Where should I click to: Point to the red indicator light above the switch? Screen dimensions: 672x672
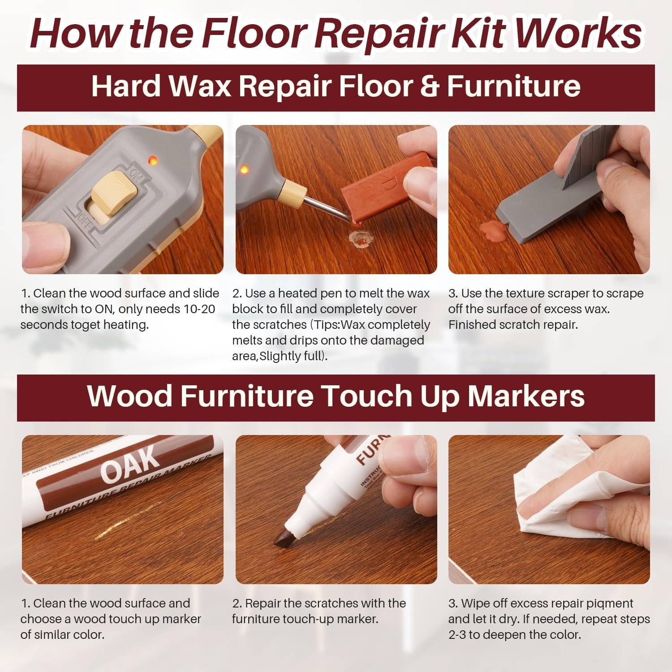click(152, 159)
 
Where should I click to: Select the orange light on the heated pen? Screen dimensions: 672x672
click(245, 170)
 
